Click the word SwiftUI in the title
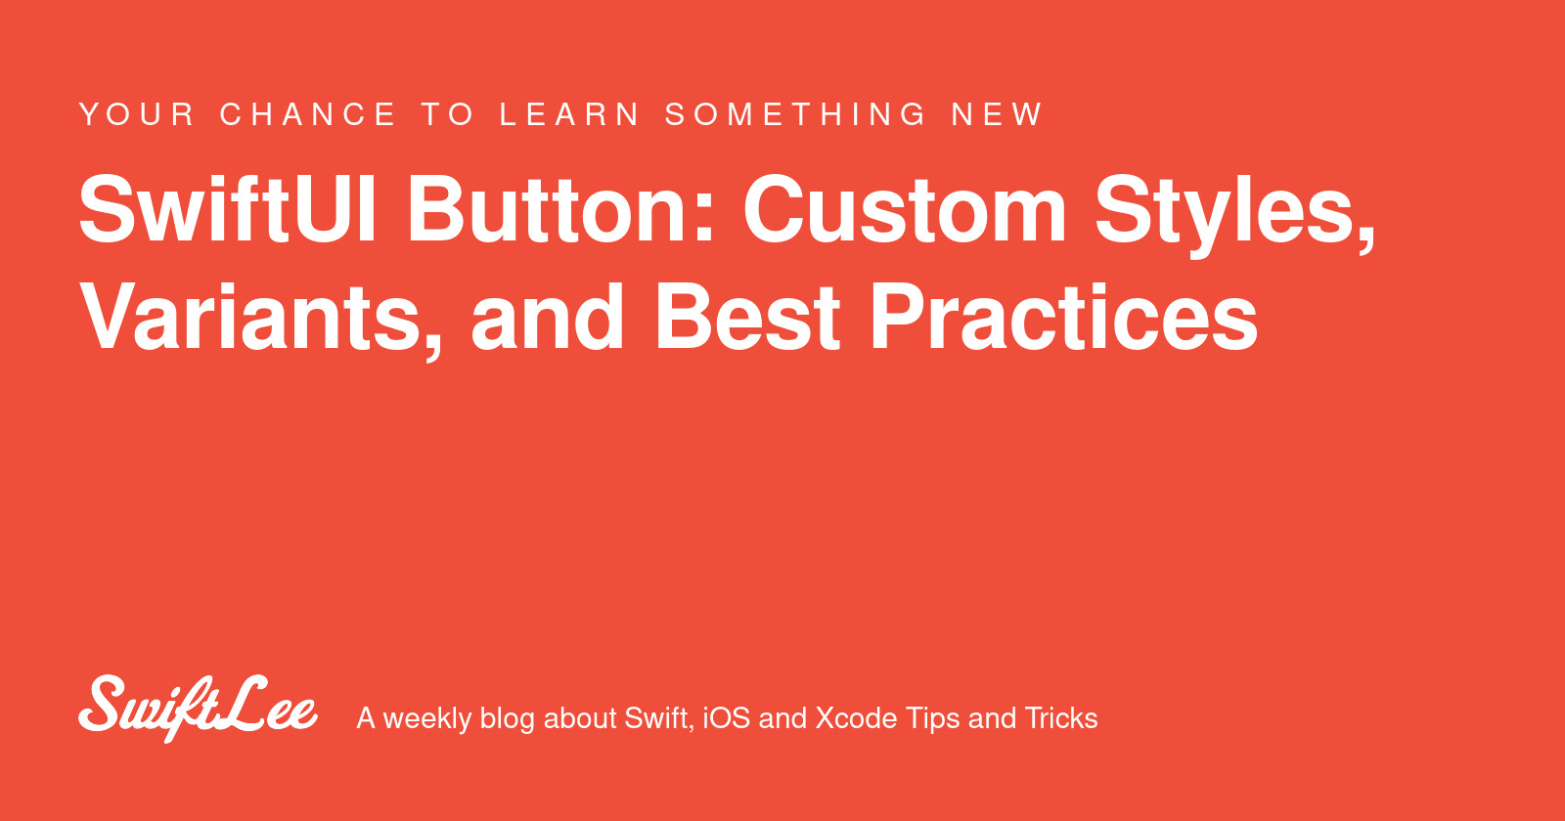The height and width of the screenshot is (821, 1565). coord(228,209)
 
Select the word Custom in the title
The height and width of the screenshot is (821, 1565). coord(905,209)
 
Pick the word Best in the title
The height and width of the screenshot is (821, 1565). coord(747,317)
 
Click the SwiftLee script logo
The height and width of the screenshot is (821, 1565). coord(198,709)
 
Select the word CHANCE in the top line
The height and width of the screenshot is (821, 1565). coord(308,114)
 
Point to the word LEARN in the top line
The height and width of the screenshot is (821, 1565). coord(570,114)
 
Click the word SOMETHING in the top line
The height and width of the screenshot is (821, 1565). coord(796,114)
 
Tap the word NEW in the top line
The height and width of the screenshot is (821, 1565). coord(998,114)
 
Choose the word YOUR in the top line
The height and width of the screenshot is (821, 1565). coord(137,114)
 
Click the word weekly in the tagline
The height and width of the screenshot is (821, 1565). coord(426,719)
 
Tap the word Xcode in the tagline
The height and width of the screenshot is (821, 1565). coord(857,718)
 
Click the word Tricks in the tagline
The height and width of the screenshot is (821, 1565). coord(1061,718)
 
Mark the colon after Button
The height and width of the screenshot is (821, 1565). coord(703,219)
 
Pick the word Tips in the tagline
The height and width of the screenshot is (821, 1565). coord(933,719)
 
